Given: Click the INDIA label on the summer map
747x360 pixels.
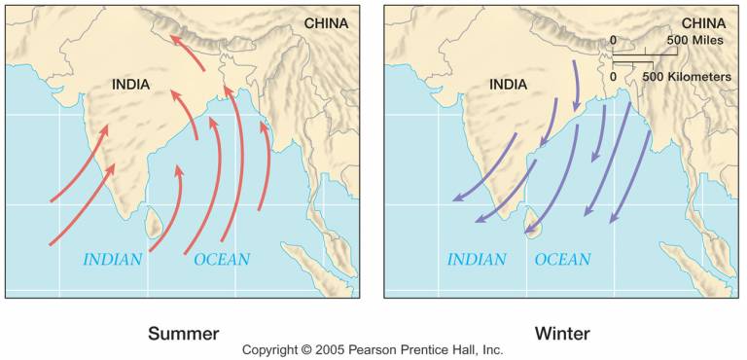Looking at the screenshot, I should coord(130,85).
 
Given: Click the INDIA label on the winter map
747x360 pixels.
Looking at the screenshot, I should coord(507,85).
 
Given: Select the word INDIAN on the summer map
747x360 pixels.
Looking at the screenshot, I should coord(113,260).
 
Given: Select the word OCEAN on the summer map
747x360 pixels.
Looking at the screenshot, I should coord(222,260).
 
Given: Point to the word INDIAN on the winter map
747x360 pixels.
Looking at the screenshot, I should coord(477,260).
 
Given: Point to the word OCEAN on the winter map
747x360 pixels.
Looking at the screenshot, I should coord(562,260).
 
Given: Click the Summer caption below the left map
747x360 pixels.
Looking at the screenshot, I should coord(183,334).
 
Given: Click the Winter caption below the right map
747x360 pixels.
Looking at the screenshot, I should coord(562,334).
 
